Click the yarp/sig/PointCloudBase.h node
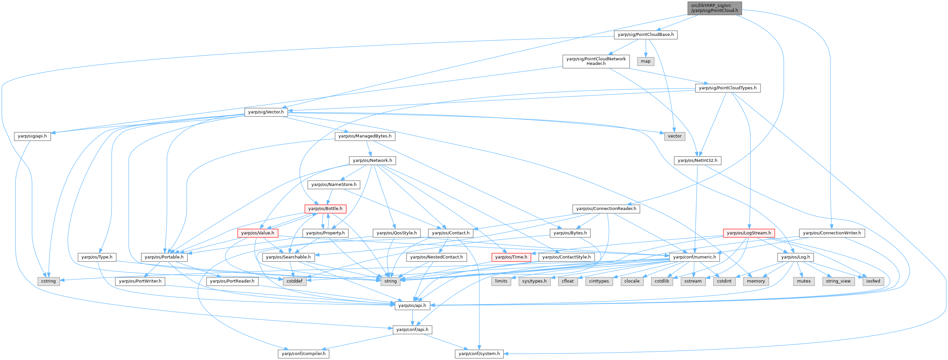[646, 35]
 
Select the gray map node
[646, 61]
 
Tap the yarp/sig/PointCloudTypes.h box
[728, 88]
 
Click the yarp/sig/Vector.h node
[266, 112]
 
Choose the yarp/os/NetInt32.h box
[697, 161]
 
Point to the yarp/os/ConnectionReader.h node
[606, 209]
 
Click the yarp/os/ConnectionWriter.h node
[832, 233]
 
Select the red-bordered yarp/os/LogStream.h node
[749, 233]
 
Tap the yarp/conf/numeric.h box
[694, 257]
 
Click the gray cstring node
[48, 281]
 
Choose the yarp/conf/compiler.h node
[303, 354]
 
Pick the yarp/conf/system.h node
[479, 354]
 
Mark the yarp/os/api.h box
[412, 306]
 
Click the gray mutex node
[804, 281]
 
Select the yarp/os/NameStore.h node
[334, 184]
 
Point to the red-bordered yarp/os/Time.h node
[511, 257]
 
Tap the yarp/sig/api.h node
[32, 136]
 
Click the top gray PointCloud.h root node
[714, 8]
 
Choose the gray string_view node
[838, 281]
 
